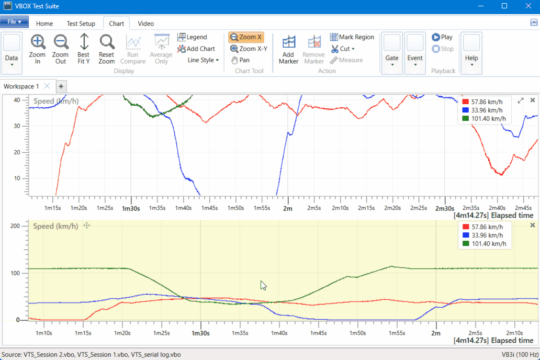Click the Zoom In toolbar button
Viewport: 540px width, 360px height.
pyautogui.click(x=38, y=49)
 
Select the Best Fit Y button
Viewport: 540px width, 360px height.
pyautogui.click(x=84, y=49)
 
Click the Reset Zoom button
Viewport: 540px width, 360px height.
pyautogui.click(x=107, y=49)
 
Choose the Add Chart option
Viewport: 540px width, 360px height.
pyautogui.click(x=196, y=49)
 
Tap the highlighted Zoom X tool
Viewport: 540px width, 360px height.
pyautogui.click(x=246, y=37)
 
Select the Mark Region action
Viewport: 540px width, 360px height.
pyautogui.click(x=352, y=37)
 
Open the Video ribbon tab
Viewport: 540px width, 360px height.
pyautogui.click(x=145, y=24)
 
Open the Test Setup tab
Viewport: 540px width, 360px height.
pyautogui.click(x=81, y=24)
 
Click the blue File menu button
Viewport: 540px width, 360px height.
pyautogui.click(x=14, y=22)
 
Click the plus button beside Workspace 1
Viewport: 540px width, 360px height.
pyautogui.click(x=61, y=86)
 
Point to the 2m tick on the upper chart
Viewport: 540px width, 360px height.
pyautogui.click(x=287, y=208)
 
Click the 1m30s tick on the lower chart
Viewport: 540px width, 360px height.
pyautogui.click(x=200, y=333)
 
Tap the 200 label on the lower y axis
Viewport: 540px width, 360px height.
pyautogui.click(x=15, y=226)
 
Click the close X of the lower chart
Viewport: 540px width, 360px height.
pyautogui.click(x=533, y=225)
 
